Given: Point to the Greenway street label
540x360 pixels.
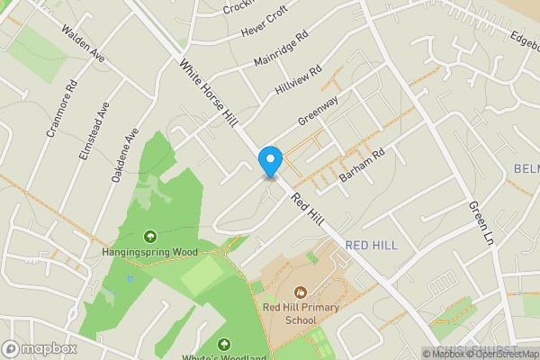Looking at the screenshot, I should pos(318,112).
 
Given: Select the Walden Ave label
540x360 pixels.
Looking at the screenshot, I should pos(84,42).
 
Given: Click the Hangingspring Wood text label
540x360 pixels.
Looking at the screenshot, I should pos(149,253).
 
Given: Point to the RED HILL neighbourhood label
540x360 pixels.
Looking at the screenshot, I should pos(371,245).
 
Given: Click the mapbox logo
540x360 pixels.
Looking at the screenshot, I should pos(39,348).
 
